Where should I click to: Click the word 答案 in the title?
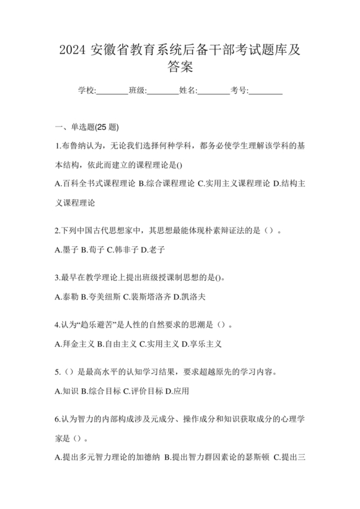click(179, 66)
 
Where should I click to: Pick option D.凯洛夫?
click(187, 297)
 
